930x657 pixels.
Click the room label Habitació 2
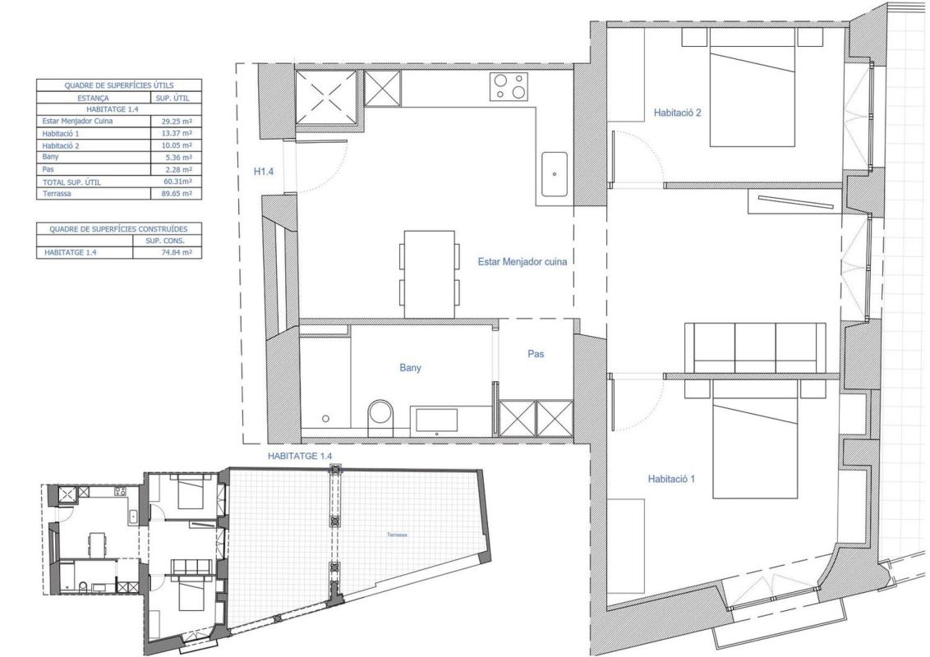click(x=677, y=112)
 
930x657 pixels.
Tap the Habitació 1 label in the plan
click(x=671, y=479)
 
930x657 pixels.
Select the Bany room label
click(x=411, y=368)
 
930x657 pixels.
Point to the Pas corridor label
click(x=536, y=354)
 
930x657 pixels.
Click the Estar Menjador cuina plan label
click(x=523, y=261)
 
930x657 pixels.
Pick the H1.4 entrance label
click(x=264, y=172)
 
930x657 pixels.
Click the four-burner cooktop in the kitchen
click(x=509, y=86)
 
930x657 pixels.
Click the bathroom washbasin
click(x=436, y=420)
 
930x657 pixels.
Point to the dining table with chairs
click(x=430, y=274)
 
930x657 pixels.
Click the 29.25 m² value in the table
click(x=177, y=121)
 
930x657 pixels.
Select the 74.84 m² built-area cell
click(x=176, y=253)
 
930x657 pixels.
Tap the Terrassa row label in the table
click(x=58, y=193)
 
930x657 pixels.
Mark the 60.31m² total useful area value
click(x=177, y=181)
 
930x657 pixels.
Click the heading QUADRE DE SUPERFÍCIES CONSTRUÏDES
click(x=118, y=229)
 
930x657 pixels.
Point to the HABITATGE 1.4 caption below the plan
click(x=300, y=456)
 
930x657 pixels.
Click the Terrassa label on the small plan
click(x=397, y=535)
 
